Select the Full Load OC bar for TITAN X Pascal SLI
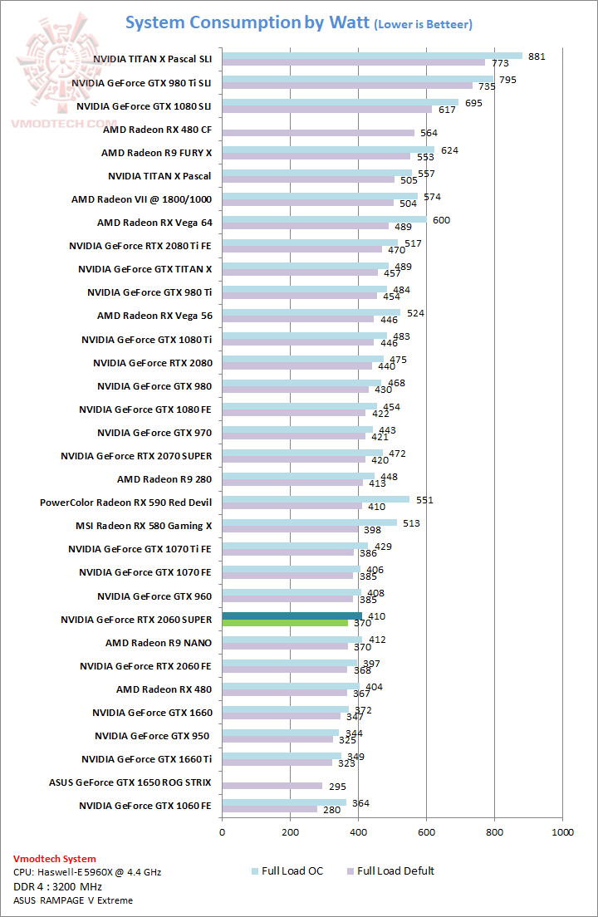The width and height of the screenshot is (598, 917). [372, 56]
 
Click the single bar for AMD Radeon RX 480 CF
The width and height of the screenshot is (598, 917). [318, 132]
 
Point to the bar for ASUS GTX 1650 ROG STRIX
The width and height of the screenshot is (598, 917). [272, 785]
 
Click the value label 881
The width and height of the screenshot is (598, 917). [537, 56]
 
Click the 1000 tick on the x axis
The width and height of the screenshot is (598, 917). [562, 831]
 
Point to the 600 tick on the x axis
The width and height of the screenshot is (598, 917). [426, 831]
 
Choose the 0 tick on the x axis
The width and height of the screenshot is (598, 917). [222, 831]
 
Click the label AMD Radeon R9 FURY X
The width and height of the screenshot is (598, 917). [156, 153]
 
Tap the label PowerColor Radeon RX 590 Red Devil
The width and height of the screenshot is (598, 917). [125, 503]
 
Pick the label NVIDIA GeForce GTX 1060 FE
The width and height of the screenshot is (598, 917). [145, 806]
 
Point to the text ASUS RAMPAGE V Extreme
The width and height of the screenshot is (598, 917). [72, 900]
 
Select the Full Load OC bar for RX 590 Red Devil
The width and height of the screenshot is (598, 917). [316, 499]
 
